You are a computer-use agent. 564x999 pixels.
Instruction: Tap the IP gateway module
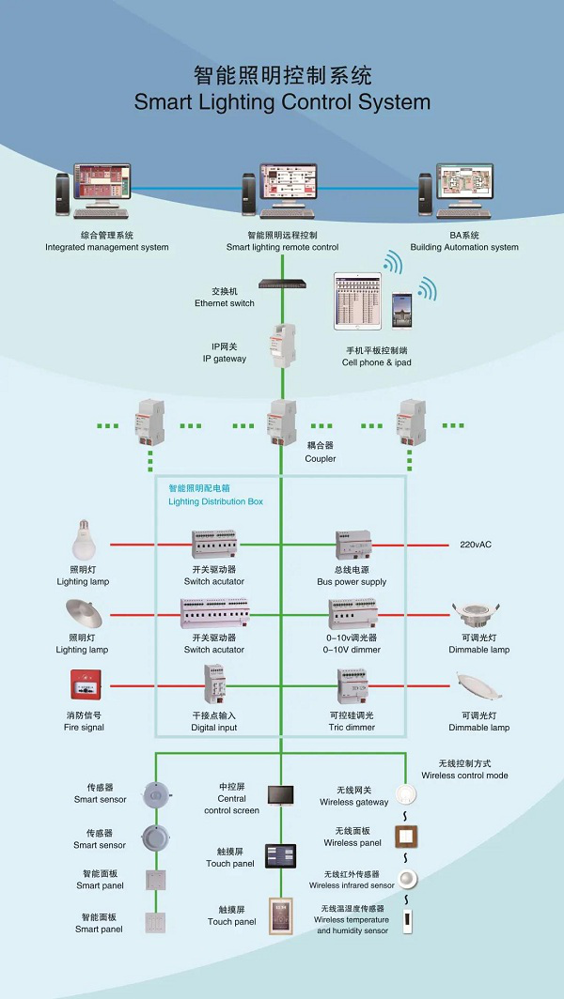(x=283, y=346)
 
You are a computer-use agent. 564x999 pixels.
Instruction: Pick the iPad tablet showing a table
(x=357, y=301)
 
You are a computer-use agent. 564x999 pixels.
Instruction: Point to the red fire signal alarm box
(x=85, y=685)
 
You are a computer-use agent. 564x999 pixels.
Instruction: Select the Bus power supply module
(x=355, y=546)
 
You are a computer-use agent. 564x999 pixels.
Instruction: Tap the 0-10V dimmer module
(x=352, y=614)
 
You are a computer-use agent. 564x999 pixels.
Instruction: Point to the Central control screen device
(x=281, y=795)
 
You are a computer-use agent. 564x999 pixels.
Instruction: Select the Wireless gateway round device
(x=407, y=795)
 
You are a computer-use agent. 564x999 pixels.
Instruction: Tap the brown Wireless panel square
(x=406, y=836)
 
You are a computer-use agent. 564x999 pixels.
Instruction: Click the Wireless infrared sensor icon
(x=407, y=879)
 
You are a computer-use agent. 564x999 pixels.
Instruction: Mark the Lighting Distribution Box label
(x=215, y=501)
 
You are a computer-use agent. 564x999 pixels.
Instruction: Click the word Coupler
(x=321, y=459)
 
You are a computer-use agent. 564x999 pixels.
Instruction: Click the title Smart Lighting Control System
(x=282, y=102)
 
